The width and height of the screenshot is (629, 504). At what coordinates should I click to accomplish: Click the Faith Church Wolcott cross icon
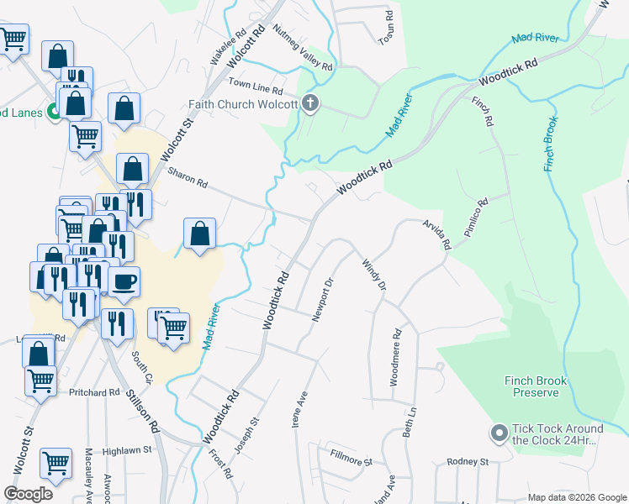[x=310, y=104]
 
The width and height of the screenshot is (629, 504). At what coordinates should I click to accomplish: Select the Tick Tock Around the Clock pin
[x=499, y=433]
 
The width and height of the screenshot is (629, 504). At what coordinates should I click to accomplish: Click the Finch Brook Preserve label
[x=536, y=386]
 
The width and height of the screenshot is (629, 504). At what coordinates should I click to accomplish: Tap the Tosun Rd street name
[x=386, y=29]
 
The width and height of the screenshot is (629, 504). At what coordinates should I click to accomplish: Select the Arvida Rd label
[x=438, y=234]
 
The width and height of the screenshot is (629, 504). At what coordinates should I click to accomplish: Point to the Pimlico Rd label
[x=476, y=218]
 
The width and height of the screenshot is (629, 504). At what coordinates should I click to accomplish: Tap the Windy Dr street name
[x=374, y=276]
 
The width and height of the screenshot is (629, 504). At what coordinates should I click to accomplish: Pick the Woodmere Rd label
[x=394, y=358]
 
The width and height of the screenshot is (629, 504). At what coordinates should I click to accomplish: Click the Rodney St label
[x=468, y=462]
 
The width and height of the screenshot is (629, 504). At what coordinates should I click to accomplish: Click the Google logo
[x=28, y=493]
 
